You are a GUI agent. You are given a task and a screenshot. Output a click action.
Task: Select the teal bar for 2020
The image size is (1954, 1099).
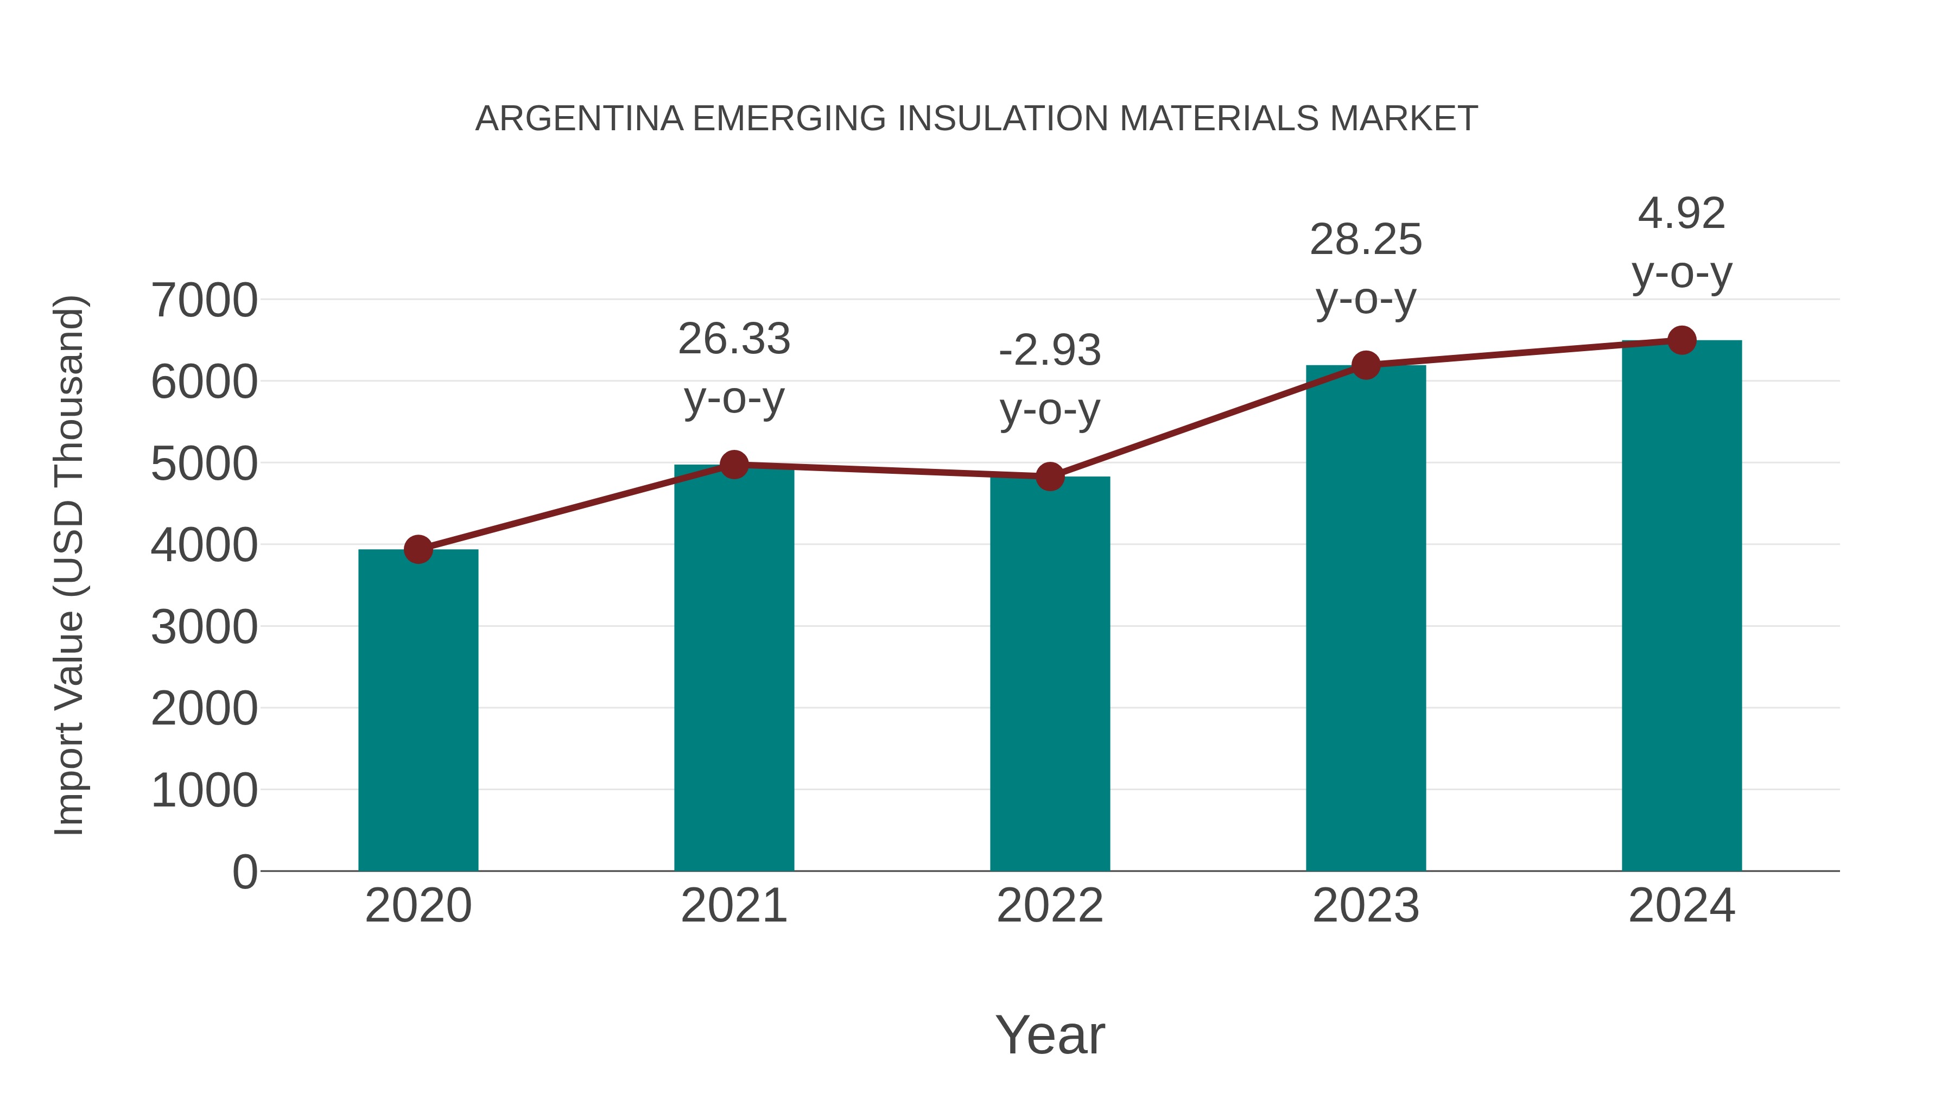[x=418, y=710]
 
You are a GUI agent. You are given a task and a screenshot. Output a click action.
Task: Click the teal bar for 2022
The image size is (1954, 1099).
[x=1050, y=674]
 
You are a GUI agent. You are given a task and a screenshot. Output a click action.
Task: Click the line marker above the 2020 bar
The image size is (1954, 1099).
[x=418, y=549]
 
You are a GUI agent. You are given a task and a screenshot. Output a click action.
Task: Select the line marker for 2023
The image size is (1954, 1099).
[x=1366, y=365]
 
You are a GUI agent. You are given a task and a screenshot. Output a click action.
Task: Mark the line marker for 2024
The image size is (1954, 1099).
[x=1682, y=340]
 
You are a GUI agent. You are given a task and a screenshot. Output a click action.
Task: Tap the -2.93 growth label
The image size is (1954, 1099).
[x=1050, y=351]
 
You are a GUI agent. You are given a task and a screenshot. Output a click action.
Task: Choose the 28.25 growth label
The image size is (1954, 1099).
[x=1366, y=240]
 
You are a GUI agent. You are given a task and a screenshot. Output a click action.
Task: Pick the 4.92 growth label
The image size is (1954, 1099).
[x=1682, y=213]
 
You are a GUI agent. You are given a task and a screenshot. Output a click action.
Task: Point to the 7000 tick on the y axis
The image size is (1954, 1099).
[x=204, y=300]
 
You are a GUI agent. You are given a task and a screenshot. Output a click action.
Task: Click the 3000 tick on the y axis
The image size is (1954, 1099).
[x=204, y=627]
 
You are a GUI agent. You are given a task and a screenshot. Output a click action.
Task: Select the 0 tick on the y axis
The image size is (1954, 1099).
[x=244, y=872]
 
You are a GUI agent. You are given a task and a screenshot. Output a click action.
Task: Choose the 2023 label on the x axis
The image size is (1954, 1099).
[x=1366, y=906]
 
